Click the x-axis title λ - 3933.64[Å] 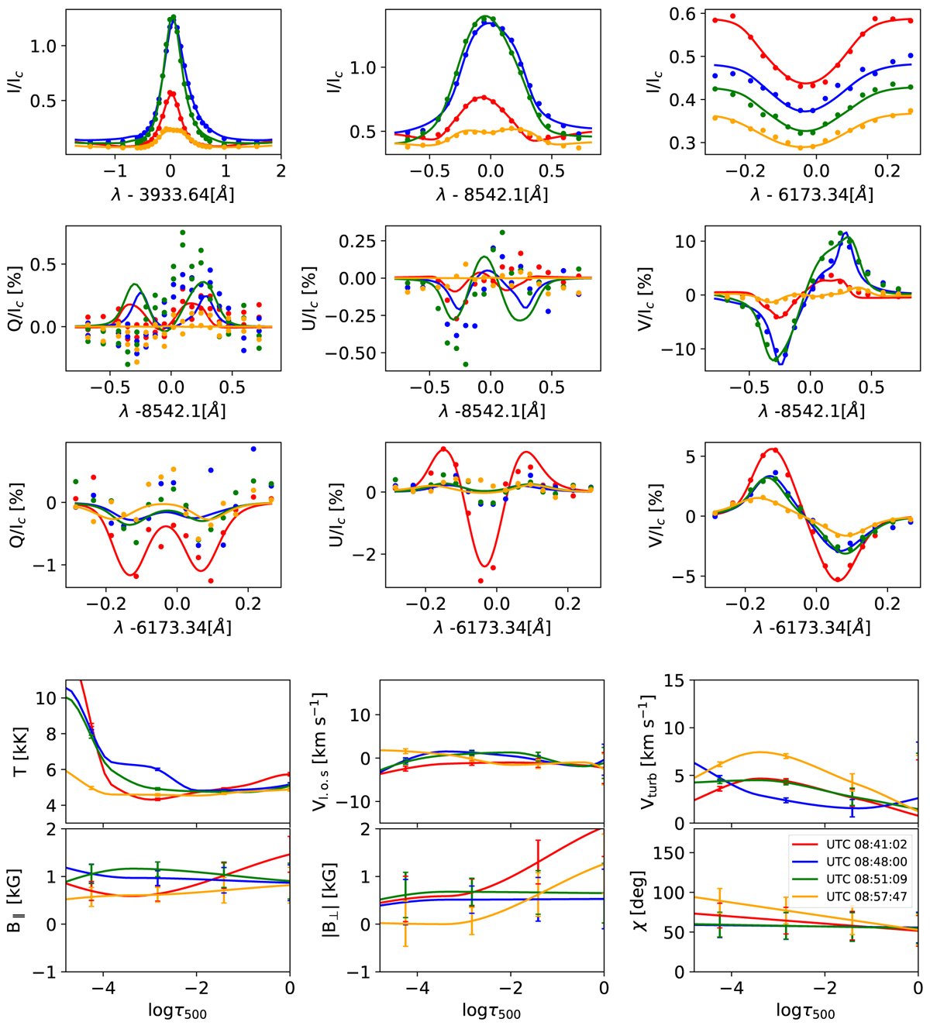pos(173,194)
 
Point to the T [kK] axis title pos(17,752)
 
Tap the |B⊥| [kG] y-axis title pos(332,900)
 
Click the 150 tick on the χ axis pos(671,853)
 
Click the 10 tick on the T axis pos(47,698)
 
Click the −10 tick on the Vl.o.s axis pos(358,801)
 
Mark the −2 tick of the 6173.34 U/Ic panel pos(368,555)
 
